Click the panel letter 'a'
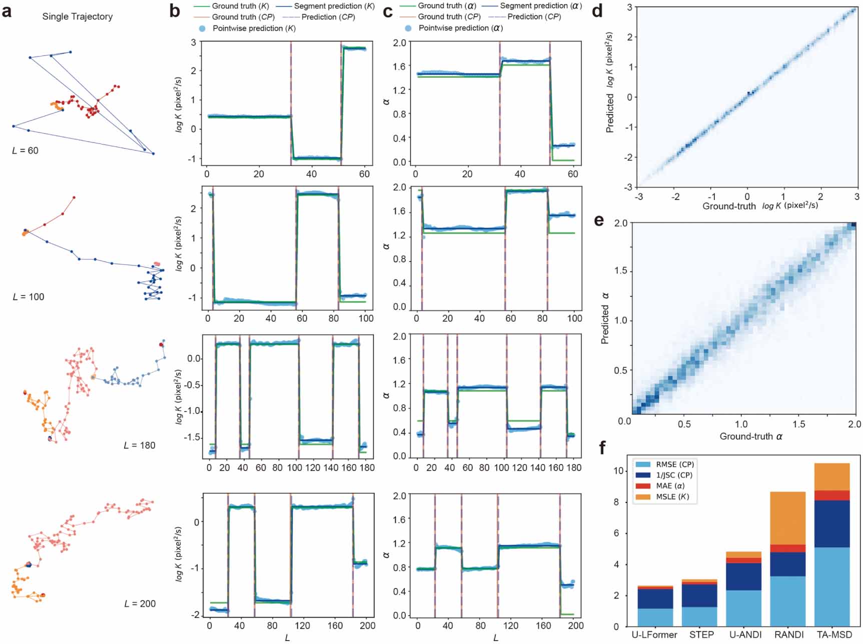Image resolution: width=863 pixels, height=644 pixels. click(x=7, y=11)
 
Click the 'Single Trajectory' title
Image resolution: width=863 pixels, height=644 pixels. click(x=77, y=16)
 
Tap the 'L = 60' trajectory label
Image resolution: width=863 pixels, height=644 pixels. click(x=25, y=150)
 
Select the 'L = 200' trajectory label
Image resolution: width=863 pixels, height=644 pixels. click(x=140, y=603)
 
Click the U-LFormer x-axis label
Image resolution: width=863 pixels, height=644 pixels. click(x=654, y=634)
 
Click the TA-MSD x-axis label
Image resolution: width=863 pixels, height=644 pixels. click(x=833, y=634)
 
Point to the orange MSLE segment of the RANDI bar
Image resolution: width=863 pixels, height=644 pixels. click(x=788, y=518)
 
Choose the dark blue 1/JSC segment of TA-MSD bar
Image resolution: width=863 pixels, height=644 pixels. click(x=832, y=523)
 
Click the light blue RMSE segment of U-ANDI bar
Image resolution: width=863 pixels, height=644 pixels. click(x=743, y=608)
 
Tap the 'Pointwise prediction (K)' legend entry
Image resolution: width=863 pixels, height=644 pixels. click(x=253, y=28)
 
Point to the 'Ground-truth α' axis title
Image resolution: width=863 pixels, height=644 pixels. click(x=750, y=436)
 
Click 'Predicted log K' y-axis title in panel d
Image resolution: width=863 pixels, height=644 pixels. click(x=609, y=82)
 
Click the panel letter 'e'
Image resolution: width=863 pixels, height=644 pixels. click(x=598, y=220)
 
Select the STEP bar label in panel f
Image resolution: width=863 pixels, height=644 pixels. click(x=701, y=634)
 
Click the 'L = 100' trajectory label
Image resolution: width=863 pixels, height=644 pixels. click(x=28, y=296)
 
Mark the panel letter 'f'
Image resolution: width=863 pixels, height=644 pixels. click(x=602, y=447)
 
